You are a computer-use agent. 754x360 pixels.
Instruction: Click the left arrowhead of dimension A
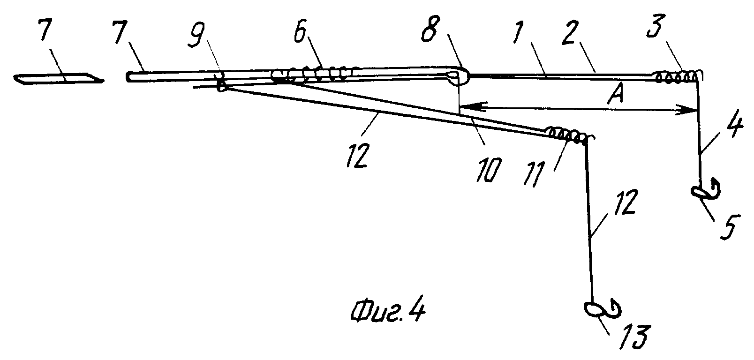469,107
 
